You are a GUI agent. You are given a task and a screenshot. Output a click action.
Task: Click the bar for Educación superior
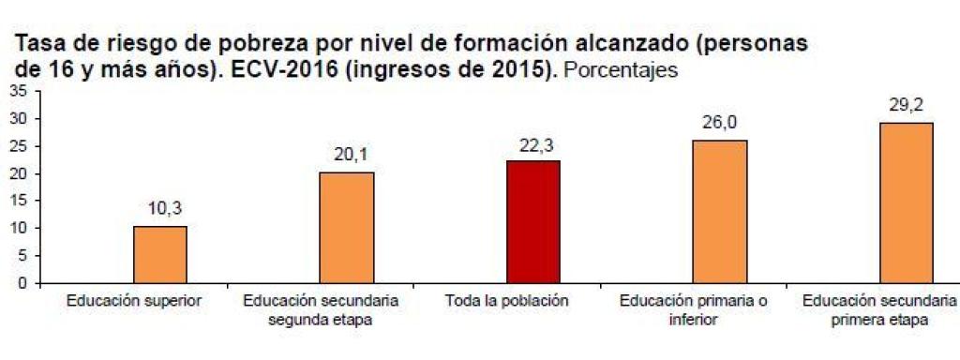click(159, 255)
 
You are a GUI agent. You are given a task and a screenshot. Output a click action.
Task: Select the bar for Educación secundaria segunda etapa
click(346, 228)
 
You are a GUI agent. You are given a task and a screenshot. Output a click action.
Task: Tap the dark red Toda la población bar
click(533, 222)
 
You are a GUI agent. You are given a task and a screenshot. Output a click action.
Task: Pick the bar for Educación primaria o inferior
click(720, 212)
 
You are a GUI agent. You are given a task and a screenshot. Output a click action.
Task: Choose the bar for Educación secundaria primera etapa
click(907, 203)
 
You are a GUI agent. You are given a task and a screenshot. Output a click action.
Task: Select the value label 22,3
click(534, 144)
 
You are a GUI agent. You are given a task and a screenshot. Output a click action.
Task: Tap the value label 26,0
click(720, 123)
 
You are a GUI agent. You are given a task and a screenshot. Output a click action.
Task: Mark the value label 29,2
click(907, 105)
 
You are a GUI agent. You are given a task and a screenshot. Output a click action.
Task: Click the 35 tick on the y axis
click(18, 91)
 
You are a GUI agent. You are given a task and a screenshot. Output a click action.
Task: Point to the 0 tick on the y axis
click(22, 283)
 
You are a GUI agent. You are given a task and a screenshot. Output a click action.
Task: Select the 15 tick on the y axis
click(18, 201)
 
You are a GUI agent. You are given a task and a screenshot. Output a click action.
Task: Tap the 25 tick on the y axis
click(18, 146)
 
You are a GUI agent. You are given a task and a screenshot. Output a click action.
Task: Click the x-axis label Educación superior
click(134, 302)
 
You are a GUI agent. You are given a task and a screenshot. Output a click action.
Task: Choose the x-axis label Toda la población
click(507, 302)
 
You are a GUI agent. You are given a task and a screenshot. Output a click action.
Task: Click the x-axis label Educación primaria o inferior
click(694, 310)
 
